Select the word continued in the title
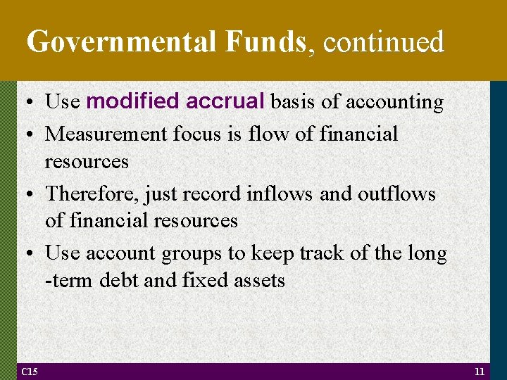point(384,42)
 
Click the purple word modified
point(132,102)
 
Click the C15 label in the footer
point(30,371)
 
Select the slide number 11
point(479,371)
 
